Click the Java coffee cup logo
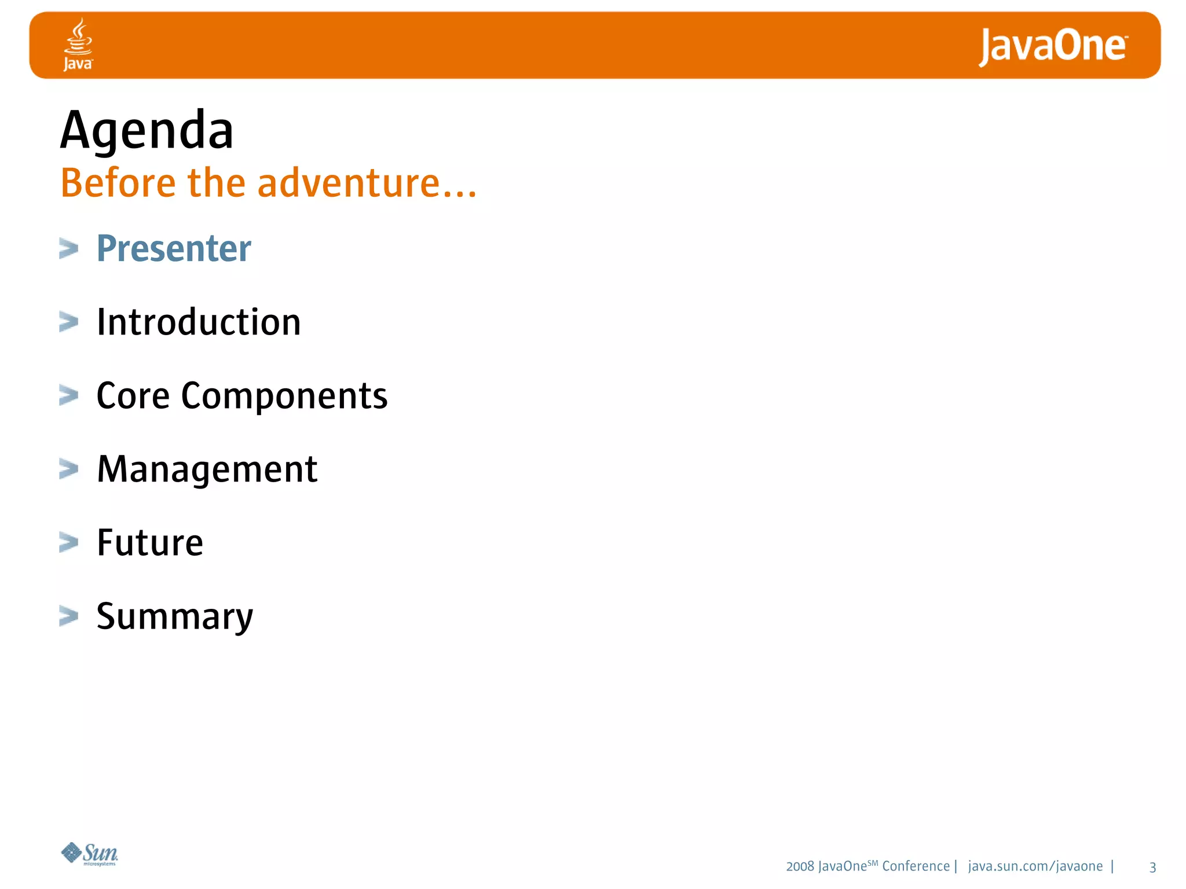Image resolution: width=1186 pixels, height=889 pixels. (78, 44)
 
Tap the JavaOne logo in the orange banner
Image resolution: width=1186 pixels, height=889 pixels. (1052, 46)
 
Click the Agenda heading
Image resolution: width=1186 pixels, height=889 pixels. (147, 131)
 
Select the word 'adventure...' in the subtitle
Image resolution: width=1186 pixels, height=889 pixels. (367, 183)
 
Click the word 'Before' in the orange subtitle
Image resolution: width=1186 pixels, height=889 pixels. (118, 183)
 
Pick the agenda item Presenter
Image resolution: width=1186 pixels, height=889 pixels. (174, 249)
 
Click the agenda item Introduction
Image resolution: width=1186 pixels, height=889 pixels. (199, 322)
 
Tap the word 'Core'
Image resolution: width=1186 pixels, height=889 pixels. (133, 396)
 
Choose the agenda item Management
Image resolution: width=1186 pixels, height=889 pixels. (207, 469)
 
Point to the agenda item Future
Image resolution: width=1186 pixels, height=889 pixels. (149, 543)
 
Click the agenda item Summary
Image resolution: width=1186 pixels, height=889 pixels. (174, 617)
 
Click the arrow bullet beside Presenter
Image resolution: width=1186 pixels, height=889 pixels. (68, 249)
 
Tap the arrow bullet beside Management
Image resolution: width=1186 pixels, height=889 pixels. (68, 469)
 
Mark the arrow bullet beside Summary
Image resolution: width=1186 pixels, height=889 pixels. (68, 616)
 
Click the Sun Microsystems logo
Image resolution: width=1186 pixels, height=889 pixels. (90, 854)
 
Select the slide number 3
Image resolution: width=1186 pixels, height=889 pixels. (1152, 867)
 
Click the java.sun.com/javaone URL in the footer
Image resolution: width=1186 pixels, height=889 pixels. (1035, 866)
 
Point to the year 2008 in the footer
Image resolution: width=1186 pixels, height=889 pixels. (800, 866)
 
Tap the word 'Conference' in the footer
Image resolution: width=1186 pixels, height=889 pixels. (916, 866)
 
